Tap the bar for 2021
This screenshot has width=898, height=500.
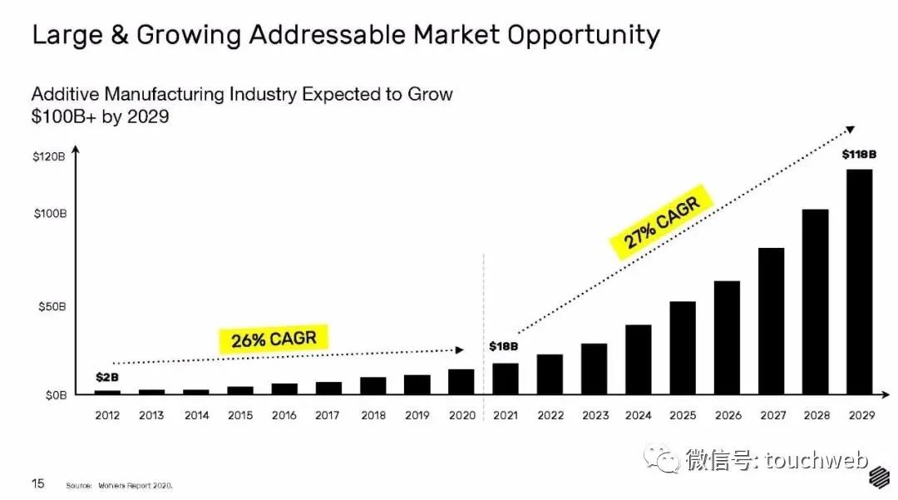(x=505, y=378)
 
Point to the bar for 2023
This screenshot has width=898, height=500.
(x=594, y=368)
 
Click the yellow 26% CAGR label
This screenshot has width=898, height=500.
(x=274, y=339)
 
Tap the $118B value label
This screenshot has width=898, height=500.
(x=860, y=155)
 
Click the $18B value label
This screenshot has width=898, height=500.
(x=503, y=346)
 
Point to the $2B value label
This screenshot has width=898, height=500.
(x=107, y=378)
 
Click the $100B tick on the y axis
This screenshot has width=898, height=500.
(x=50, y=214)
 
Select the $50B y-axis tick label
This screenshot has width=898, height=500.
(x=50, y=307)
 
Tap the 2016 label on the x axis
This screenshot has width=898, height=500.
(x=284, y=415)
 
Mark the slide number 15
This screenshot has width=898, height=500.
(x=38, y=483)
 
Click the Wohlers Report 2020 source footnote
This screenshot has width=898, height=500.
(x=125, y=485)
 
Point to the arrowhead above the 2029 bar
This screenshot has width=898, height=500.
(x=850, y=129)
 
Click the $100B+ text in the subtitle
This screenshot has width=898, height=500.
(x=64, y=116)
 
